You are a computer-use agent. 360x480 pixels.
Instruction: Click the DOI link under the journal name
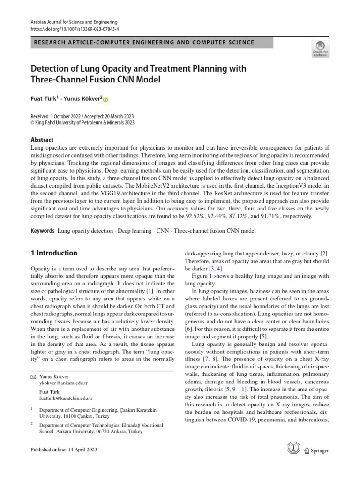click(74, 29)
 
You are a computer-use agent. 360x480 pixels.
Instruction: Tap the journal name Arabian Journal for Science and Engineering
click(74, 22)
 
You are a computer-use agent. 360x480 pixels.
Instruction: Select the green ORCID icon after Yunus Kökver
click(105, 99)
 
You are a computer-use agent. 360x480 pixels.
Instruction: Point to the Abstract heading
click(42, 140)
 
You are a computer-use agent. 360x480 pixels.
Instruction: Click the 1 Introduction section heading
click(54, 253)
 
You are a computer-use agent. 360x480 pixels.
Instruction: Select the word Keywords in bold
click(42, 231)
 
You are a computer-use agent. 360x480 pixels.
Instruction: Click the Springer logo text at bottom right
click(318, 450)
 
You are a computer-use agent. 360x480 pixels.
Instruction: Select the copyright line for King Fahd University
click(82, 122)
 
